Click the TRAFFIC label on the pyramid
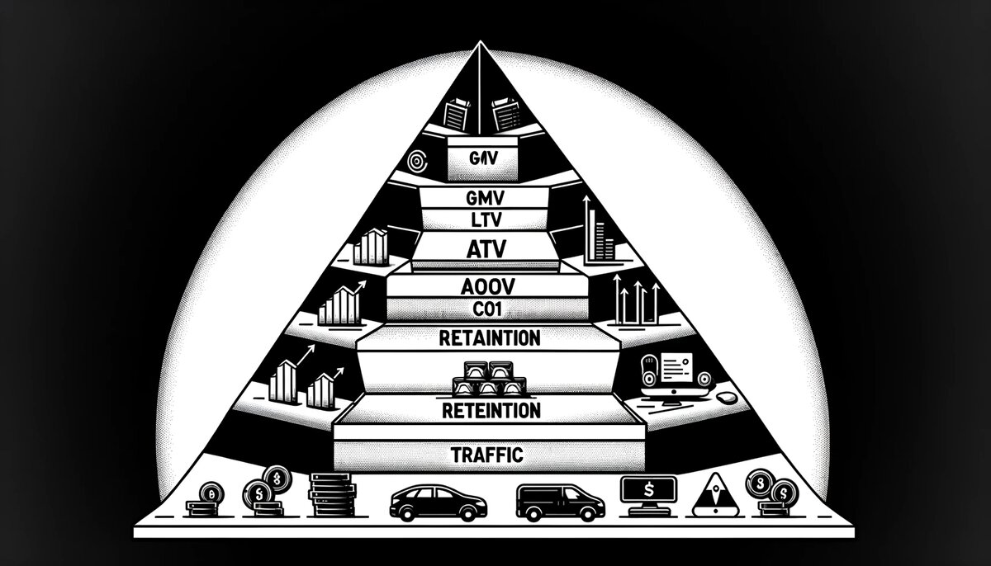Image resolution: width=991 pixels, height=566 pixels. pos(487,453)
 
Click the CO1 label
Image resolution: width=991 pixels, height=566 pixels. pos(486,309)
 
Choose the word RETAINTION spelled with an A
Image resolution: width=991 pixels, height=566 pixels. pos(491,337)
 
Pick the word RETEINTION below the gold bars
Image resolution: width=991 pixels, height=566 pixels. pos(491,410)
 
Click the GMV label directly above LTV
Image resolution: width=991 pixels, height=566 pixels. pos(486,197)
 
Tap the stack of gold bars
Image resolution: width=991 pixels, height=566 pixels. pos(486,380)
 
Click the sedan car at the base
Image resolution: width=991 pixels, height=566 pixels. pos(438,500)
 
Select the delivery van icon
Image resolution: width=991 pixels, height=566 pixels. pos(560,501)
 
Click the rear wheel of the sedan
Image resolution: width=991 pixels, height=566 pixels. pos(407,513)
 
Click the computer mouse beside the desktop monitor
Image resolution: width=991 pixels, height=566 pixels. pos(726,398)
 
